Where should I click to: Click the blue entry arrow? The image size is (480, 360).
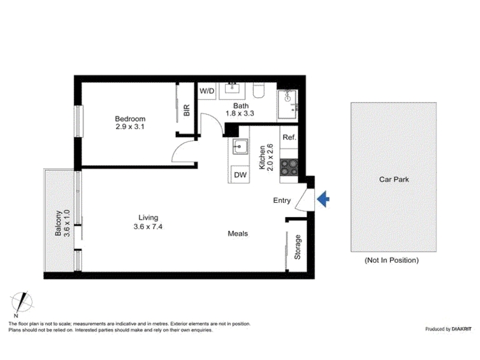pos(323,199)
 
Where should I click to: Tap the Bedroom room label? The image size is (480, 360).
pos(130,119)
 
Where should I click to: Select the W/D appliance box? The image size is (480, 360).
pos(207,91)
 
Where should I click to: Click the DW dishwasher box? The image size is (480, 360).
pos(241,175)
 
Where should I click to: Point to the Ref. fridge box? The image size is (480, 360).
pos(289,137)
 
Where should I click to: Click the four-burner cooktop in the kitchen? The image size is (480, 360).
pos(289,168)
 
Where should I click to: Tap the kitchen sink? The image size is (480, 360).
pos(241,147)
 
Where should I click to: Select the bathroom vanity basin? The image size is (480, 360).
pos(232,88)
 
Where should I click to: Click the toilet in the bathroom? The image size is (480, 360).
pos(259,91)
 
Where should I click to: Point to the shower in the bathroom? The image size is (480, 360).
pos(287,104)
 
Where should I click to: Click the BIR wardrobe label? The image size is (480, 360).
pos(187,110)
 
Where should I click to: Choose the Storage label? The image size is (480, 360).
pos(298,247)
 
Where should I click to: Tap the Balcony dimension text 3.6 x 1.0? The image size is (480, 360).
pos(67,223)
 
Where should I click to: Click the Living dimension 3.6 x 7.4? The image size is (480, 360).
pos(148,227)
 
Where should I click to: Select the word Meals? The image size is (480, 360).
pos(238,233)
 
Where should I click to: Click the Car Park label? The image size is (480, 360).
pos(394,179)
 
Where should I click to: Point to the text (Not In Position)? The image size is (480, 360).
pos(392,260)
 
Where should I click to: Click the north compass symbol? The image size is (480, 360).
pos(22,302)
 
